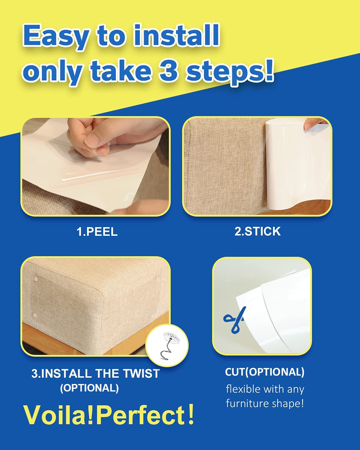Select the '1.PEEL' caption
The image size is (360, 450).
pos(97,232)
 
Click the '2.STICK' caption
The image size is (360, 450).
pos(257,231)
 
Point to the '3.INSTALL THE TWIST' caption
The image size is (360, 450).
pos(95,373)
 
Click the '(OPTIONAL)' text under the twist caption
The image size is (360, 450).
pos(89,388)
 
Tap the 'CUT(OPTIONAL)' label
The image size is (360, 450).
pos(265,372)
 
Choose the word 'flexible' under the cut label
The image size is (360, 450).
pos(243,389)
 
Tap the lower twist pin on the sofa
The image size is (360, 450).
pos(35,316)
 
